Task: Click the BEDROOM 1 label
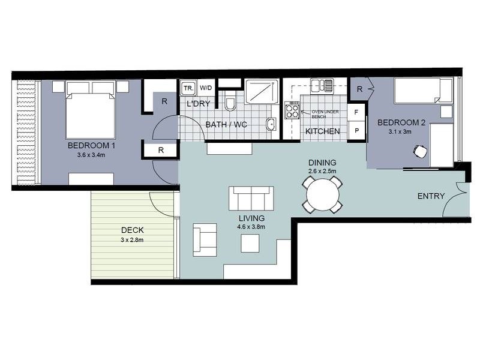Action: click(x=91, y=145)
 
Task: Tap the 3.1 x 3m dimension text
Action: click(x=400, y=131)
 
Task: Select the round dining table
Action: click(x=322, y=194)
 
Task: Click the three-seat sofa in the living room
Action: click(x=251, y=199)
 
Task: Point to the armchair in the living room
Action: click(x=205, y=239)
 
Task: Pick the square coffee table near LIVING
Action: click(x=250, y=243)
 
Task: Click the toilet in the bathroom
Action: click(x=230, y=104)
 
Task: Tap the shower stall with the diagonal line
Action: click(x=262, y=92)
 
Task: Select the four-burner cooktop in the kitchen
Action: click(x=292, y=110)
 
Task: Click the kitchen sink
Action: click(x=322, y=85)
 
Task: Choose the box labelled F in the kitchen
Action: click(x=356, y=112)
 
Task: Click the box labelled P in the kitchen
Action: click(x=356, y=131)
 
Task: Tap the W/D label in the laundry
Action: click(x=206, y=88)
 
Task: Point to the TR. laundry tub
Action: click(x=188, y=88)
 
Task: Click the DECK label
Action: click(x=132, y=230)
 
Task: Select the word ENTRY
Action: click(x=431, y=196)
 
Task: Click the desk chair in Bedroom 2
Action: click(x=420, y=152)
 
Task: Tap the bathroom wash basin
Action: click(x=271, y=124)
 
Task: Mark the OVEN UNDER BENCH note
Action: click(x=325, y=114)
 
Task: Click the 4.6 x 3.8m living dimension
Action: click(x=251, y=227)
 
